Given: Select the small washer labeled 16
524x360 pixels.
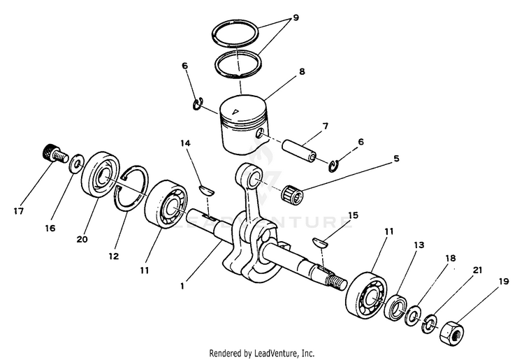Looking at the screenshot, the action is [77, 163].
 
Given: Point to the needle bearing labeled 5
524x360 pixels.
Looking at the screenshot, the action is [293, 195].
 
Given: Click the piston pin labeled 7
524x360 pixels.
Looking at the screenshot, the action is [300, 150].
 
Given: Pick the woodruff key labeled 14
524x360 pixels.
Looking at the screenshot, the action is [207, 190].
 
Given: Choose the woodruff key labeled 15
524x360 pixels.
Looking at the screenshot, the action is [321, 243].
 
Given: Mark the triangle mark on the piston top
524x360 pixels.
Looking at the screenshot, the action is [236, 111].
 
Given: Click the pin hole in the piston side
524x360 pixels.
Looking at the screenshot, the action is [261, 133].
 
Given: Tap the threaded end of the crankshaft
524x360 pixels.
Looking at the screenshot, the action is [338, 281].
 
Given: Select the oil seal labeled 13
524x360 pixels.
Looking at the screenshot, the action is [396, 307].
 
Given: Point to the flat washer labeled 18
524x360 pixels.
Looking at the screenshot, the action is [413, 315].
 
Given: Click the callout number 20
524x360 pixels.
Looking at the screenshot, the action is [82, 239].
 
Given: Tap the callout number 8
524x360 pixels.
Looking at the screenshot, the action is [302, 71].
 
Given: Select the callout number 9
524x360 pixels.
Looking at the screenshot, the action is [296, 17].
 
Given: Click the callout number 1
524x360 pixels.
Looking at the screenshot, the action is [182, 286].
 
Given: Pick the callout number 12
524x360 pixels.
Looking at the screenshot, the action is [114, 256].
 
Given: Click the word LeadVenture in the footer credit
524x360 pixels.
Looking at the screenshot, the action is [277, 353].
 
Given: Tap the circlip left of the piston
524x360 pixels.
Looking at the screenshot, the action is [198, 103].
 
